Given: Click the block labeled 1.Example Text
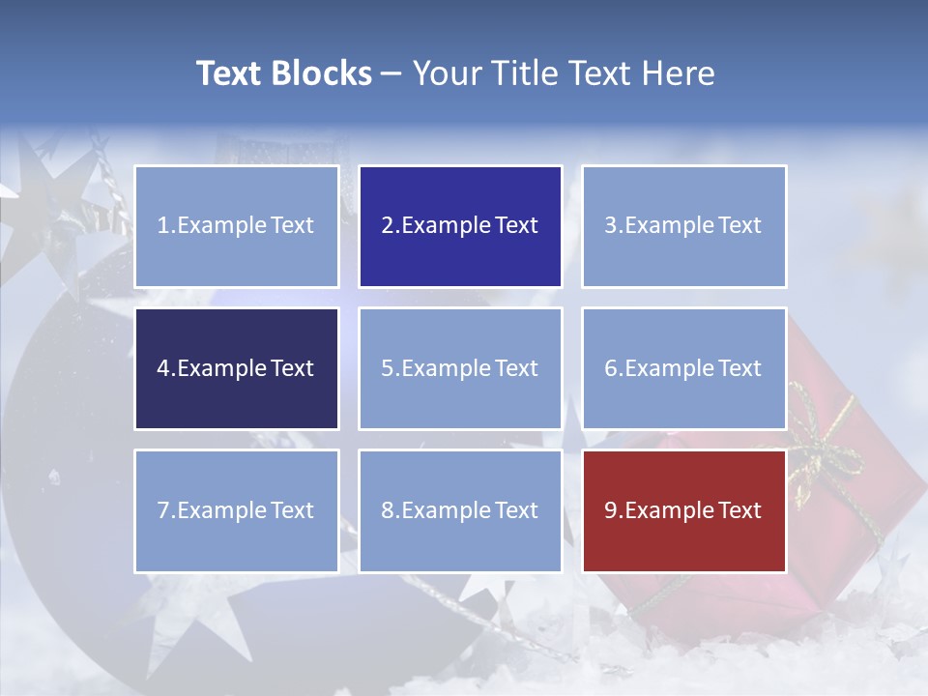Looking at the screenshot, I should pyautogui.click(x=237, y=226).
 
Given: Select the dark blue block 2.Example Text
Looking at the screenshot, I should pyautogui.click(x=460, y=226).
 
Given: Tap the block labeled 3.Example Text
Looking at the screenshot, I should pyautogui.click(x=684, y=226).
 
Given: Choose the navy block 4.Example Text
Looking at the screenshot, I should pyautogui.click(x=237, y=368).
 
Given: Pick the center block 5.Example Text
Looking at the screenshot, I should pyautogui.click(x=460, y=368).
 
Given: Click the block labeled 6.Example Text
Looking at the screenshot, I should pyautogui.click(x=684, y=368).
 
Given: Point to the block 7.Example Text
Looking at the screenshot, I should pyautogui.click(x=237, y=510).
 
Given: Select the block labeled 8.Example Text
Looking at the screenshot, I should pyautogui.click(x=460, y=510).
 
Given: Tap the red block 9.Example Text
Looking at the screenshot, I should pyautogui.click(x=684, y=510).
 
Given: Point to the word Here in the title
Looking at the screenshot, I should pyautogui.click(x=678, y=73).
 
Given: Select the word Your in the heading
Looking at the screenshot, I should pyautogui.click(x=446, y=73).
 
